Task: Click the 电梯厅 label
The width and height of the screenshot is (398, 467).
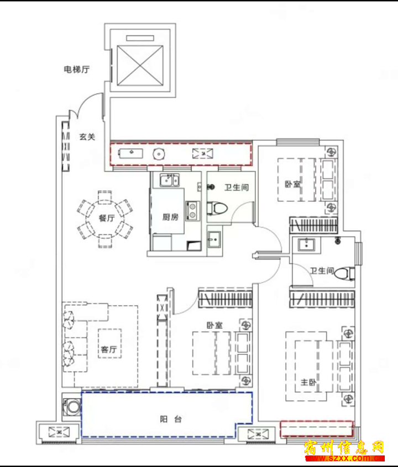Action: pyautogui.click(x=77, y=70)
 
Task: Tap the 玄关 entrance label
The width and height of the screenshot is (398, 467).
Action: pyautogui.click(x=87, y=137)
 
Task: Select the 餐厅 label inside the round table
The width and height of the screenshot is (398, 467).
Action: pyautogui.click(x=107, y=218)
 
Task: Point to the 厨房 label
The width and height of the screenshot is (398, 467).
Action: pyautogui.click(x=170, y=217)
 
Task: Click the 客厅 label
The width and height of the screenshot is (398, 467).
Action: pyautogui.click(x=109, y=349)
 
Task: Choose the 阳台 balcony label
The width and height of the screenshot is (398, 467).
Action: pyautogui.click(x=171, y=420)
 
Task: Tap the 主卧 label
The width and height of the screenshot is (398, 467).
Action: pyautogui.click(x=308, y=382)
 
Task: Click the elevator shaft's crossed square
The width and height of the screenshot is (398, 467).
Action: pyautogui.click(x=140, y=66)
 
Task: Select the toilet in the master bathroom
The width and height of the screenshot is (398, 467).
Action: pyautogui.click(x=344, y=273)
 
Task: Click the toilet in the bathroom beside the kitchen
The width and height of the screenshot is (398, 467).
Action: pyautogui.click(x=217, y=208)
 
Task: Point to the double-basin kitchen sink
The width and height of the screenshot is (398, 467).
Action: pyautogui.click(x=170, y=180)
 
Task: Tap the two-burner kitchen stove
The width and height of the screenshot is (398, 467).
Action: pyautogui.click(x=192, y=210)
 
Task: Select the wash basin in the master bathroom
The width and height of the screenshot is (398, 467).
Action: pyautogui.click(x=306, y=245)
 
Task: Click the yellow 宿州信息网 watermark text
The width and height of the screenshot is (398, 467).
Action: pyautogui.click(x=344, y=448)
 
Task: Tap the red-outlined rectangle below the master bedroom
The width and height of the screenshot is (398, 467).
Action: pyautogui.click(x=317, y=429)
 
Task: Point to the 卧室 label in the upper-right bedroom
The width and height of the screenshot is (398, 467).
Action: pyautogui.click(x=293, y=184)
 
